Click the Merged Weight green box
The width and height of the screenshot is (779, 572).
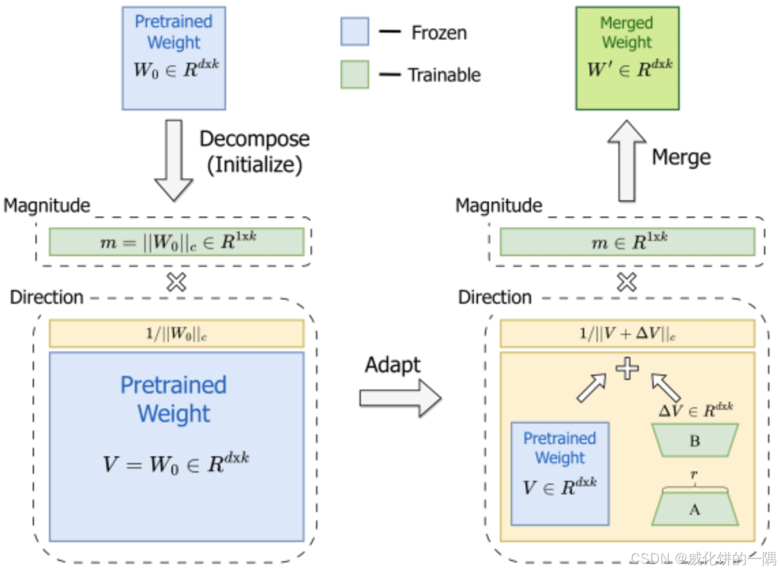coord(627,58)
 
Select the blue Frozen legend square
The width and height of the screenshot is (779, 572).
coord(354,32)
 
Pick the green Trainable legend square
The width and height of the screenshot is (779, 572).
coord(354,74)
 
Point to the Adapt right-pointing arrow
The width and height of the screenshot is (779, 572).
coord(400,398)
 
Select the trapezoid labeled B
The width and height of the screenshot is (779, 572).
coord(694,441)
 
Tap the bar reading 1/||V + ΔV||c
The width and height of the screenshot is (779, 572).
coord(627,334)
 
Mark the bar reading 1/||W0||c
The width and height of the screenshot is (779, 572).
coord(176,334)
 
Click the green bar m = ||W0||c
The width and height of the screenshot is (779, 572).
coord(176,241)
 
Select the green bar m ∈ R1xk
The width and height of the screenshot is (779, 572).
coord(627,241)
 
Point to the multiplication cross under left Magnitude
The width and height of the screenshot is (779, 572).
coord(176,282)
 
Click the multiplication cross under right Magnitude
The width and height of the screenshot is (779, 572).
coord(627,282)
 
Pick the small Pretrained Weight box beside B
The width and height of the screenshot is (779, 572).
coord(560,474)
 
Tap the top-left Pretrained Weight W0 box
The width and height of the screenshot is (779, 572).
coord(174,58)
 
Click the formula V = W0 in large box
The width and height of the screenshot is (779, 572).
coord(176,462)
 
